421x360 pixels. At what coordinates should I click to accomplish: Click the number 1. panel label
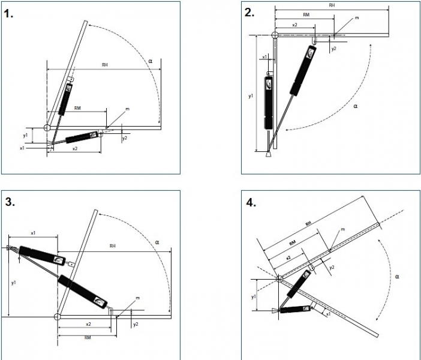pos(8,14)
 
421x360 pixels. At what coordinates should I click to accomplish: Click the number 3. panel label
pos(10,202)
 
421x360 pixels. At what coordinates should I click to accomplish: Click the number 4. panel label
pos(251,202)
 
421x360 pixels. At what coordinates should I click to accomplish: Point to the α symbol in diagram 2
pos(355,106)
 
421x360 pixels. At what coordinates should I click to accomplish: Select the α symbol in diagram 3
pos(157,242)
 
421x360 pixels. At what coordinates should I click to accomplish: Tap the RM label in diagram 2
pos(306,16)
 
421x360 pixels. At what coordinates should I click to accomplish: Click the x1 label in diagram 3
pos(33,232)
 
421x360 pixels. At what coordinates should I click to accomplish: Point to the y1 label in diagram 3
pos(12,280)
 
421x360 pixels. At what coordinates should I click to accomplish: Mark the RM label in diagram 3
pos(88,338)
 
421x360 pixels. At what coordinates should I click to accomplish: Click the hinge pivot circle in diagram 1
pos(47,127)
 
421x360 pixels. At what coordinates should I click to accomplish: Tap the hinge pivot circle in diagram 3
pos(57,316)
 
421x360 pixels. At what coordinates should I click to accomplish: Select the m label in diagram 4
pos(342,230)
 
